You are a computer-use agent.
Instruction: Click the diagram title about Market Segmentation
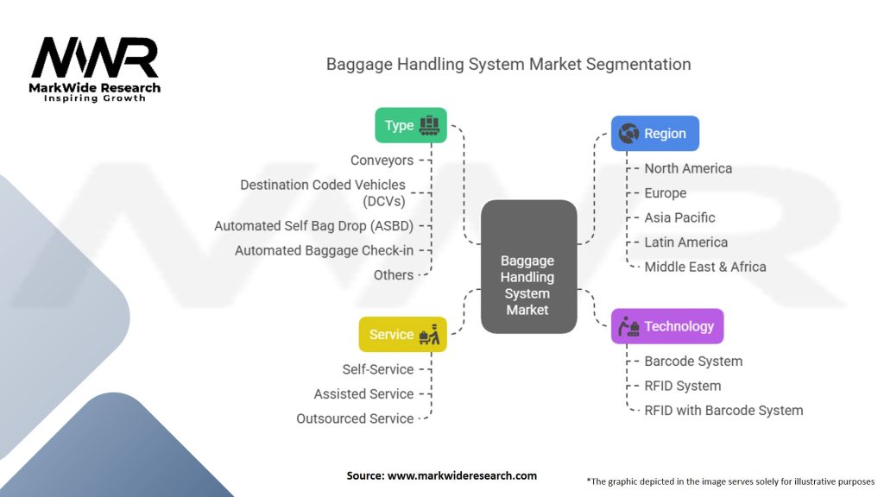click(x=508, y=65)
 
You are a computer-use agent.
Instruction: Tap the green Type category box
click(x=410, y=125)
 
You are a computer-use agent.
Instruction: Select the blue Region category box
click(x=654, y=134)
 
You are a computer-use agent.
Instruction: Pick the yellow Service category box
click(x=402, y=335)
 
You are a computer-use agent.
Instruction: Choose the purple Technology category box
click(x=667, y=326)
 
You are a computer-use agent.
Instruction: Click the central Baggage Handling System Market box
click(x=528, y=267)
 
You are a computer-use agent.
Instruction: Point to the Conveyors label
click(x=382, y=160)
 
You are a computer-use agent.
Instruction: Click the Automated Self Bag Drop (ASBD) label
click(x=313, y=226)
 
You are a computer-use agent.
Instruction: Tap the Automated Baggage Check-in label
click(x=324, y=250)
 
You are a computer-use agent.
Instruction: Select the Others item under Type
click(x=394, y=274)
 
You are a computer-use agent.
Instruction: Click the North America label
click(x=688, y=168)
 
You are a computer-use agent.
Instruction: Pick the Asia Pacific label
click(x=679, y=217)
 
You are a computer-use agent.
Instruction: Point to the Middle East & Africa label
click(x=705, y=267)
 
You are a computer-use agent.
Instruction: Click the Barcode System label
click(x=693, y=362)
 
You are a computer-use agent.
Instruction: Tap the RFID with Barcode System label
click(x=723, y=411)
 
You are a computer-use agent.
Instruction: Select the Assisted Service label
click(x=363, y=393)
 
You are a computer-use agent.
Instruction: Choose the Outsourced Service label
click(x=355, y=418)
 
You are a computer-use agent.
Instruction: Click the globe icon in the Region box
click(x=629, y=134)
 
